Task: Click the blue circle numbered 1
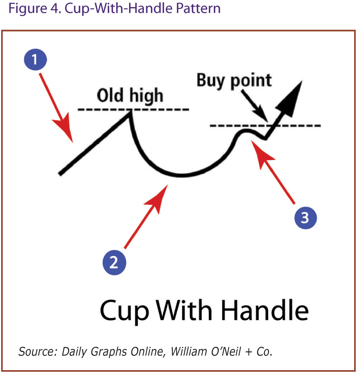(35, 60)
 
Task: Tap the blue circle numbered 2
(114, 262)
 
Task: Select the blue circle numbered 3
(306, 218)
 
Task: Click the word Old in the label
(110, 95)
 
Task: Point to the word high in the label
(146, 96)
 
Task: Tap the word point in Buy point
(251, 81)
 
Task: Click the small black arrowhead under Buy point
(262, 114)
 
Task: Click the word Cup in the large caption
(124, 311)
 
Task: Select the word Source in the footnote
(38, 352)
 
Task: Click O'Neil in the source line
(226, 351)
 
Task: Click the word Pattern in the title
(198, 9)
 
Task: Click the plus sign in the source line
(249, 352)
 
